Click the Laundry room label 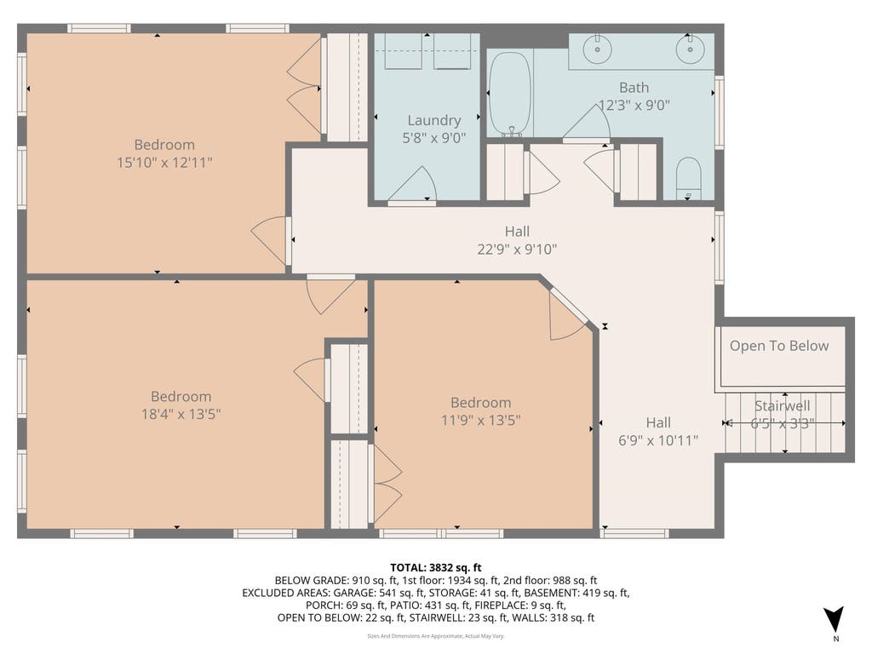click(x=433, y=120)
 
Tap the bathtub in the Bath click(x=510, y=94)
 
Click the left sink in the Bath click(x=598, y=49)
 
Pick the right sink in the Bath click(x=690, y=49)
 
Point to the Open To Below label click(x=779, y=346)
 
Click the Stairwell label click(x=782, y=405)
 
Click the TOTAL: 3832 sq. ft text click(x=436, y=568)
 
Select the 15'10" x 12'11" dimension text click(x=164, y=163)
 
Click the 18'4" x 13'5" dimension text click(x=181, y=415)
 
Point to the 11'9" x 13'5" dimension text click(x=480, y=420)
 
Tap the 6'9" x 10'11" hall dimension click(x=658, y=440)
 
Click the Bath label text click(x=634, y=88)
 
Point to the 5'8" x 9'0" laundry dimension click(x=433, y=138)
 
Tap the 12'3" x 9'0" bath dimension click(x=634, y=105)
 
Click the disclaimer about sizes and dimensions click(x=436, y=636)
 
